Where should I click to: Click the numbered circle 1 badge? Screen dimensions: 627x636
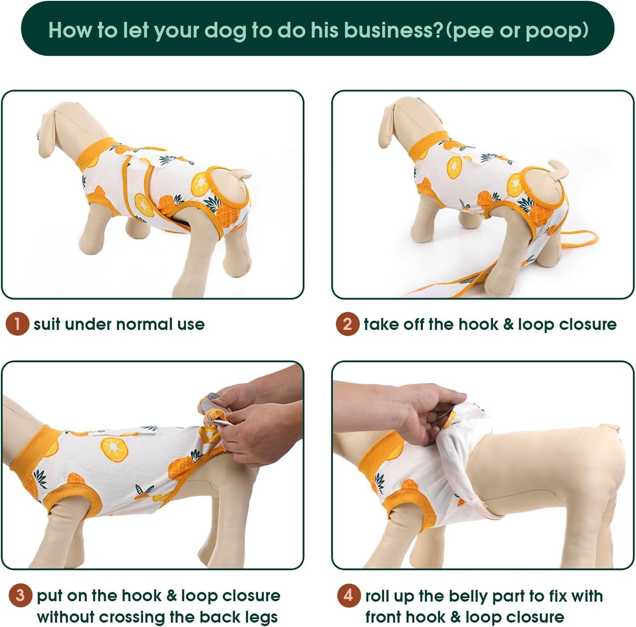click(x=17, y=324)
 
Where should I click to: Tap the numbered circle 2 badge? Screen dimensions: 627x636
click(x=347, y=324)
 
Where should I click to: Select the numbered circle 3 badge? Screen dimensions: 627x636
click(x=20, y=595)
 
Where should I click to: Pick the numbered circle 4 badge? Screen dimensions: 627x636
click(x=349, y=595)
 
